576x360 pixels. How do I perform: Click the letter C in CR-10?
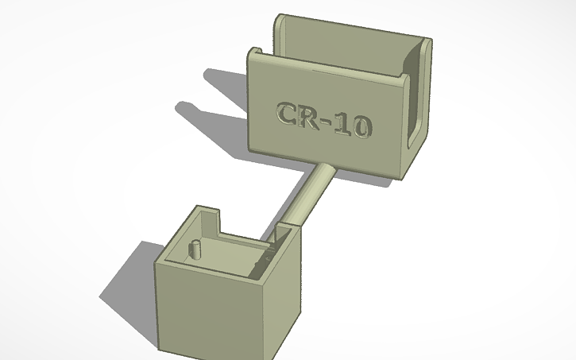pos(288,113)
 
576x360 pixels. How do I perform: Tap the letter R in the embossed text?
pos(310,118)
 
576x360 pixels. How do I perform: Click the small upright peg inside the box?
pos(193,249)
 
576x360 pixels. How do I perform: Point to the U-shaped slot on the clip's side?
pos(415,103)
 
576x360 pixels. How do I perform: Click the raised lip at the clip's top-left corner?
pos(257,54)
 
